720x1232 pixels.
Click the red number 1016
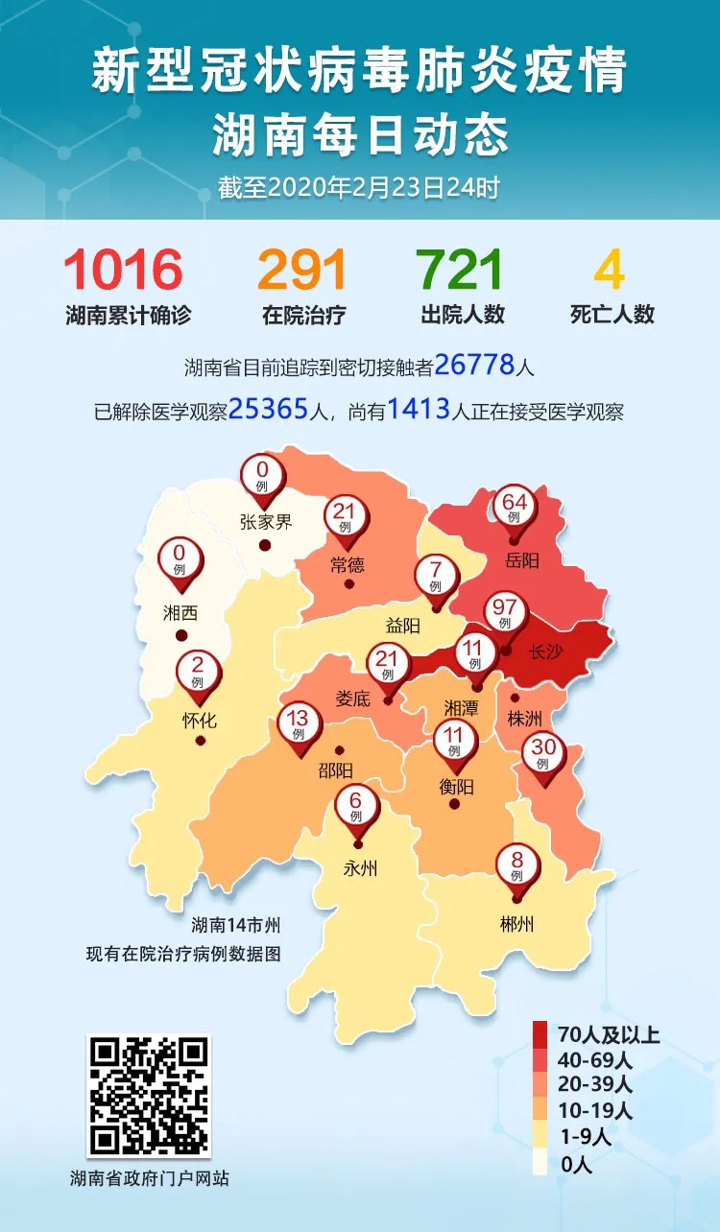[123, 271]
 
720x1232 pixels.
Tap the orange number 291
[302, 271]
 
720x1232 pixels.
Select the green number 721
[462, 271]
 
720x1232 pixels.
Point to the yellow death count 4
[610, 271]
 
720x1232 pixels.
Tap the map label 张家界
[264, 522]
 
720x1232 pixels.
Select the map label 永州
[360, 870]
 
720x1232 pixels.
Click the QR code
[148, 1095]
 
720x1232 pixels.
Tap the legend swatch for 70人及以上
[540, 1034]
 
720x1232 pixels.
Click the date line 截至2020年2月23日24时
[359, 189]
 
